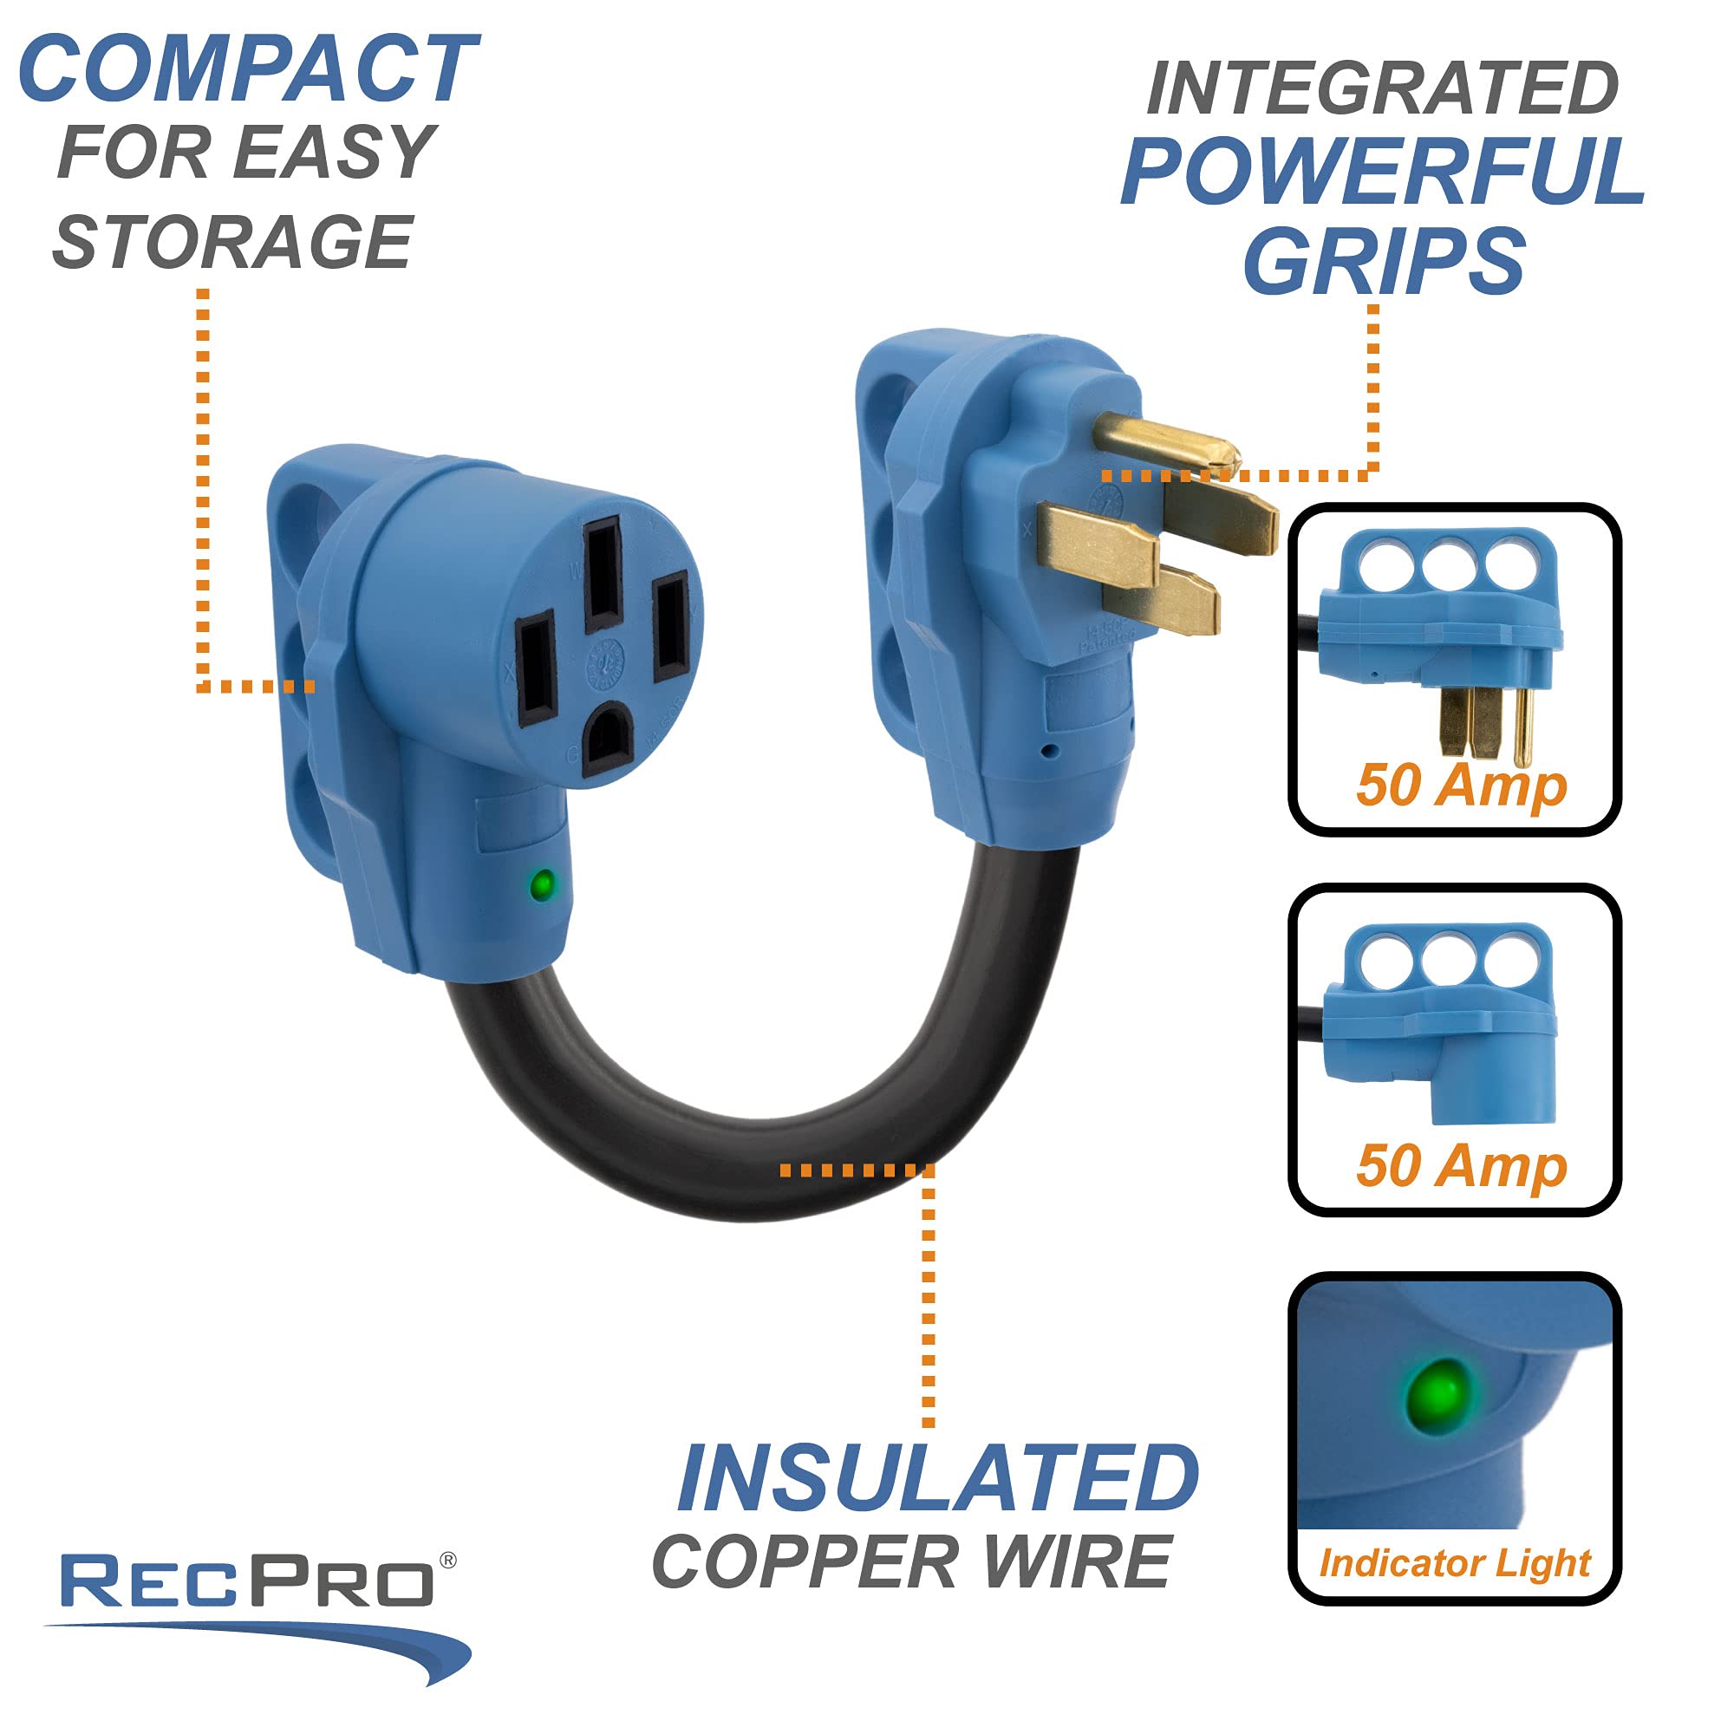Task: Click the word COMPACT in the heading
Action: coord(248,70)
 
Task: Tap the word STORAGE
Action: coord(233,243)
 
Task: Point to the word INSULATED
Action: coord(938,1479)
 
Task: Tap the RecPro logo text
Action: coord(247,1581)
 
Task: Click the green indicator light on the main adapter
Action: coord(541,884)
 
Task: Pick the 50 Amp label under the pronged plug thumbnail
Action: coord(1461,786)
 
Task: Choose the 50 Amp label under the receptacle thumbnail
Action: coord(1461,1166)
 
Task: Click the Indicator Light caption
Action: coord(1454,1562)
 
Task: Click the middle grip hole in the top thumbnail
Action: coord(1448,564)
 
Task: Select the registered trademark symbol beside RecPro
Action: coord(448,1561)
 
